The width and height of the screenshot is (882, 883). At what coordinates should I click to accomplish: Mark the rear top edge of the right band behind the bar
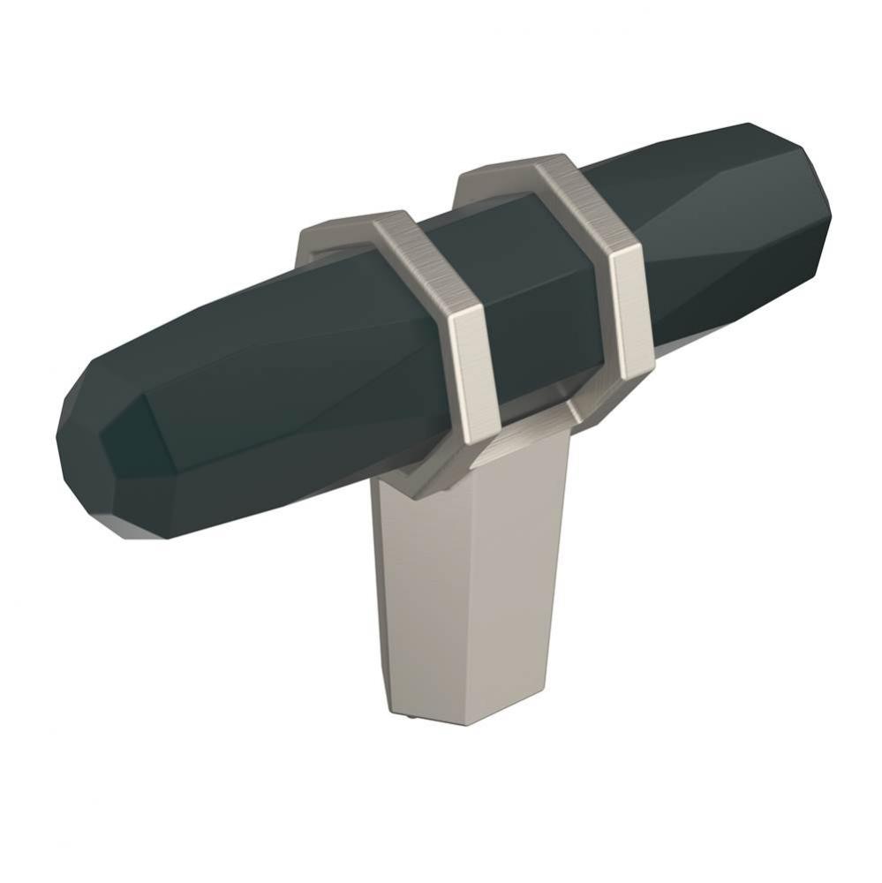(x=490, y=172)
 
